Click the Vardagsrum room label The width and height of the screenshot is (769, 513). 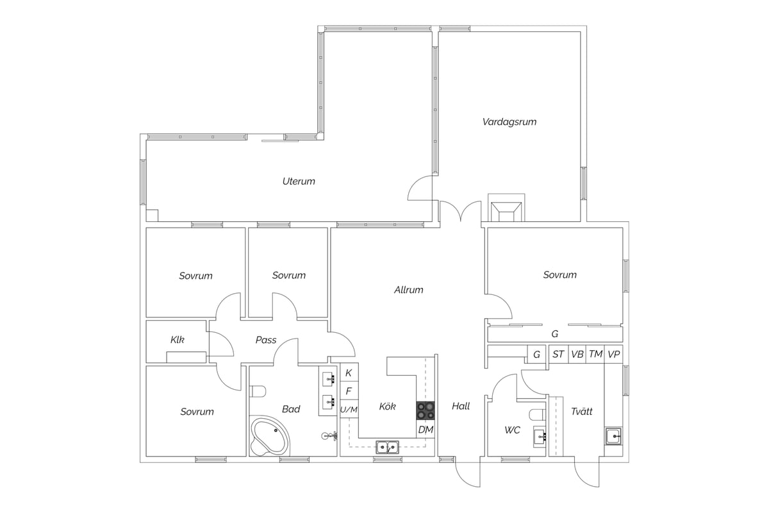tap(509, 122)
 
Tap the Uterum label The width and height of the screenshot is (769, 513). tap(299, 181)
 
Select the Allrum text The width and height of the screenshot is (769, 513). tap(409, 290)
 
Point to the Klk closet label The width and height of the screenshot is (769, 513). tap(178, 340)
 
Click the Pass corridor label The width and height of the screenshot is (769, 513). tap(266, 340)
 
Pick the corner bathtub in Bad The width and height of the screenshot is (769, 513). tap(270, 435)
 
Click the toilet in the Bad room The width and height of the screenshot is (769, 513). tap(258, 391)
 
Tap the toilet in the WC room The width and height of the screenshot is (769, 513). tap(538, 415)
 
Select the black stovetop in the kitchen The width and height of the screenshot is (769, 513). tap(426, 410)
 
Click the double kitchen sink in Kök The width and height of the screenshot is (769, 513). tap(387, 447)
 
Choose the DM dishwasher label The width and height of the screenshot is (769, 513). tap(426, 430)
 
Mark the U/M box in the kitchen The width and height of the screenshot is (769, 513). tap(349, 409)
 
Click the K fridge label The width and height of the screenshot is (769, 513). tap(349, 373)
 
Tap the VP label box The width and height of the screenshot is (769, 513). tap(613, 354)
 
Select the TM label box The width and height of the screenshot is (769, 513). tap(595, 354)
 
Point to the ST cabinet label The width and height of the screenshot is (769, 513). tap(558, 354)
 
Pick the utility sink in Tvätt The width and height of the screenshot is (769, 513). tap(613, 437)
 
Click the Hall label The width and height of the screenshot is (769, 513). tap(460, 406)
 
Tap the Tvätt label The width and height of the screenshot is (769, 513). tap(582, 411)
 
